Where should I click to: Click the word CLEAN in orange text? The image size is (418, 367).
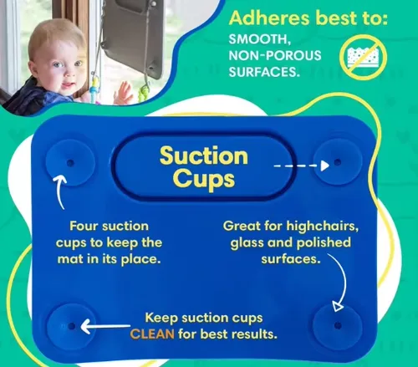pyautogui.click(x=152, y=334)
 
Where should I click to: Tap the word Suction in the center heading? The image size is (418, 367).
pyautogui.click(x=204, y=155)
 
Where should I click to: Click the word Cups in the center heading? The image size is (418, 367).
pyautogui.click(x=204, y=180)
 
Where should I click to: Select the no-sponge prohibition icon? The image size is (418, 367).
pyautogui.click(x=363, y=58)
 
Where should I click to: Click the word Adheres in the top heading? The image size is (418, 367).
pyautogui.click(x=269, y=18)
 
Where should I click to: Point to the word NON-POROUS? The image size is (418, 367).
pyautogui.click(x=275, y=55)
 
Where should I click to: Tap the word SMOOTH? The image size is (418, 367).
pyautogui.click(x=260, y=39)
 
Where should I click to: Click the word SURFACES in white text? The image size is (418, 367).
pyautogui.click(x=264, y=72)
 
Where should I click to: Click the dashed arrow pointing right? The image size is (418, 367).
pyautogui.click(x=302, y=166)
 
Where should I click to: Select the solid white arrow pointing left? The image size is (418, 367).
pyautogui.click(x=105, y=326)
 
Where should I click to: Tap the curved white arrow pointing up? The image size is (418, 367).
pyautogui.click(x=59, y=191)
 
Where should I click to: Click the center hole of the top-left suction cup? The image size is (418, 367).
pyautogui.click(x=70, y=163)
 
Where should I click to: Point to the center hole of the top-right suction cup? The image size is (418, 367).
pyautogui.click(x=338, y=162)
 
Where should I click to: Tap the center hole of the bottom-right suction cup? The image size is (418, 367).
pyautogui.click(x=338, y=325)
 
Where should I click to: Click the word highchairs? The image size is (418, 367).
pyautogui.click(x=323, y=226)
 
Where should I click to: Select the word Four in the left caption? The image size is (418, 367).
pyautogui.click(x=84, y=226)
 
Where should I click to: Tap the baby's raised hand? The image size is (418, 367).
pyautogui.click(x=123, y=94)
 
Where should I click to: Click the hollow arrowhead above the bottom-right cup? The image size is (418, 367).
pyautogui.click(x=338, y=306)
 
